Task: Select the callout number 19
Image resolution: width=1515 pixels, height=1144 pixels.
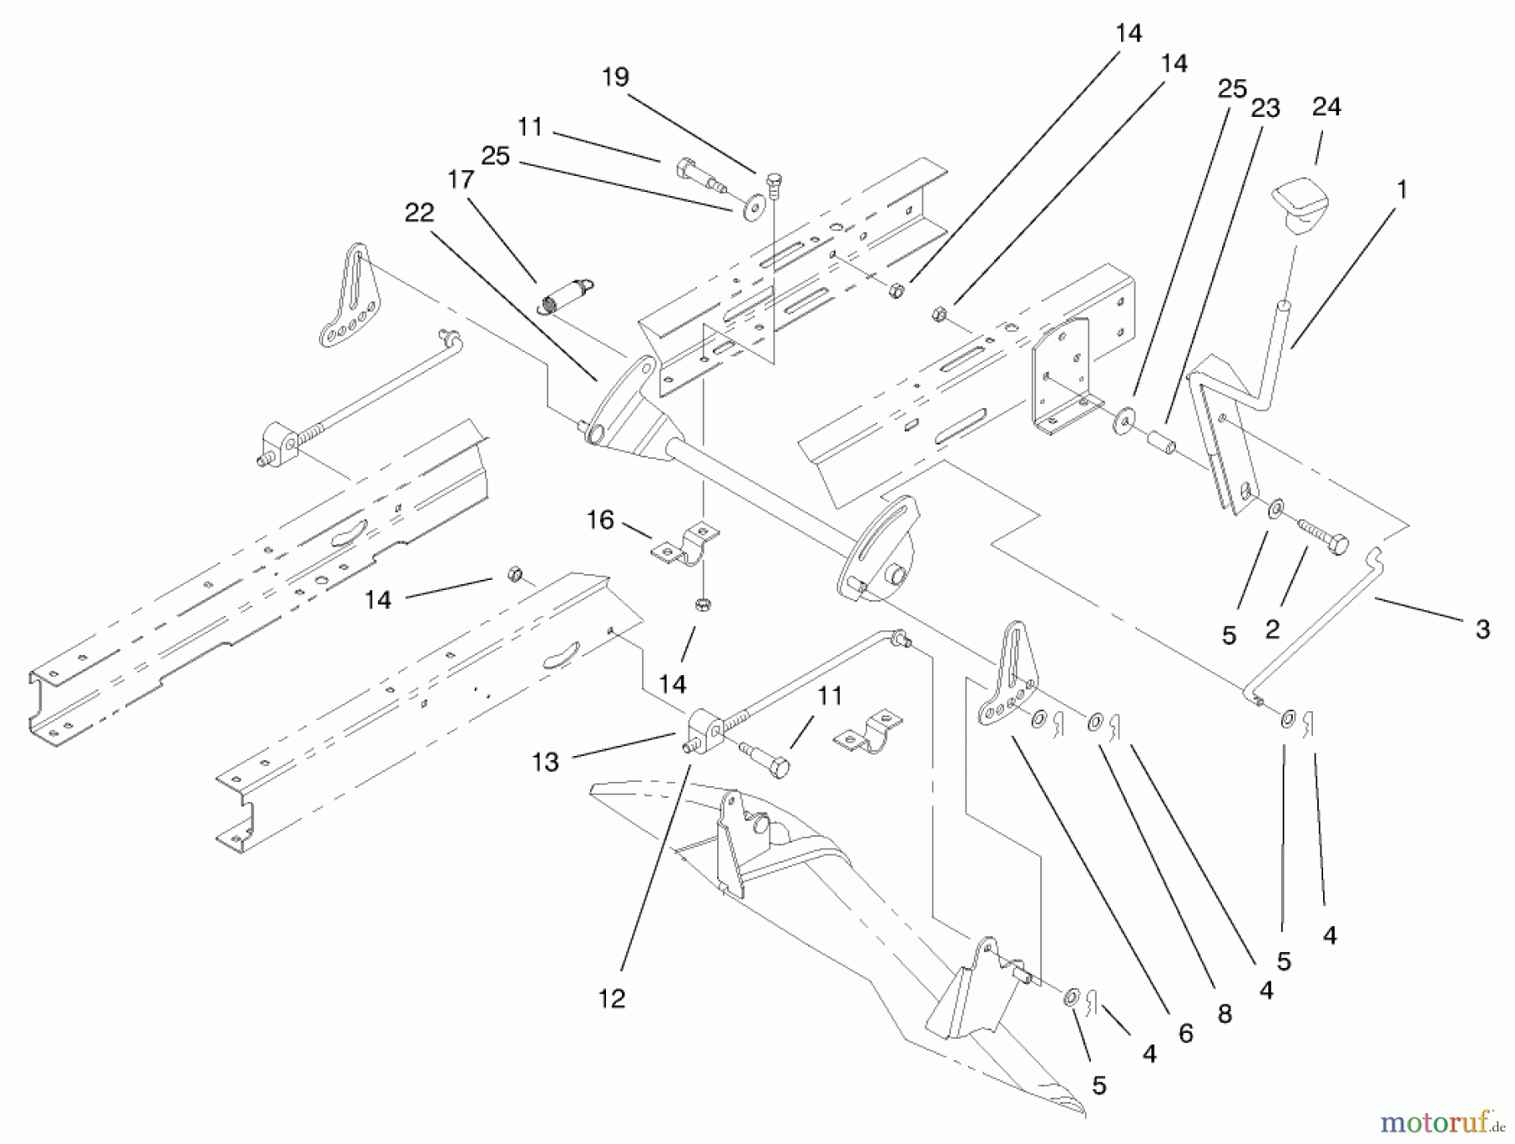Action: pos(615,77)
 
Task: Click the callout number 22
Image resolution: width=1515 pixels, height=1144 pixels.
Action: pos(418,212)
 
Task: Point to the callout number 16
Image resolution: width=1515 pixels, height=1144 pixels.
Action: pos(599,520)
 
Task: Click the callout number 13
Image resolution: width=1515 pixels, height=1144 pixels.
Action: pos(545,762)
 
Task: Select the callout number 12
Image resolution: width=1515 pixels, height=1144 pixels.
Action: pos(612,998)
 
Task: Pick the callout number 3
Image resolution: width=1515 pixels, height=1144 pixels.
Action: pos(1482,629)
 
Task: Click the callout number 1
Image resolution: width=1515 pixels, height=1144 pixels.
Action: pos(1401,190)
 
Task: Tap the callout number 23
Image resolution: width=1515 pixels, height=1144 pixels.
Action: pos(1265,108)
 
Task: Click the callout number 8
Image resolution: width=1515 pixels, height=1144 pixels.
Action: pos(1224,1014)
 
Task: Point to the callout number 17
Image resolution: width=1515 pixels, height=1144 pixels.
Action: pos(461,179)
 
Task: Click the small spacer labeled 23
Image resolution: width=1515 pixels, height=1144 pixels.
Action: pos(1160,441)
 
